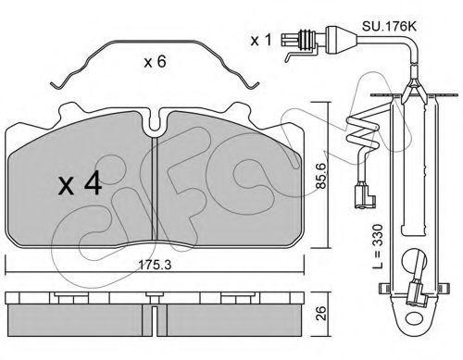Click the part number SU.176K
tap(389, 27)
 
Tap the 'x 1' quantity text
tap(261, 40)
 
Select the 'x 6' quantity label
tap(155, 62)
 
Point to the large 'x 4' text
tap(80, 183)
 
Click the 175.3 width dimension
tap(155, 265)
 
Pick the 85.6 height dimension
tap(321, 176)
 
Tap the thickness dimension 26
tap(321, 313)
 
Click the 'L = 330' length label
tap(378, 246)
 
